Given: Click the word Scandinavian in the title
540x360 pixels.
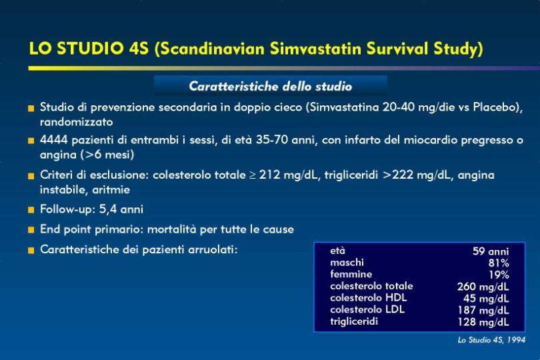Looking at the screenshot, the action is tap(213, 48).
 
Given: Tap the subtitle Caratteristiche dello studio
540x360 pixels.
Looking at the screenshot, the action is tap(271, 86).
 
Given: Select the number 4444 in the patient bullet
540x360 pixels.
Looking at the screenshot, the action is tap(54, 140).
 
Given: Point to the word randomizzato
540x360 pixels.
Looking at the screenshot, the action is tap(77, 122).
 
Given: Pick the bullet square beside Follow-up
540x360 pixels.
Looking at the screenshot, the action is tap(31, 210).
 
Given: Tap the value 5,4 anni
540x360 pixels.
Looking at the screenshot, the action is tap(121, 209).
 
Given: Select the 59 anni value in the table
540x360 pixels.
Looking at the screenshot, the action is tap(491, 251).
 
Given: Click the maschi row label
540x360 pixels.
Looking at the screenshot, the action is tap(347, 263).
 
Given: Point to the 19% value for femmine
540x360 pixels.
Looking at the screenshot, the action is tap(499, 275).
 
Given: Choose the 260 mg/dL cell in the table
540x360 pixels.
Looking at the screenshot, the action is tap(483, 287).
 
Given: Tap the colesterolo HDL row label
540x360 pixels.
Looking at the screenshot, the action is tap(368, 297).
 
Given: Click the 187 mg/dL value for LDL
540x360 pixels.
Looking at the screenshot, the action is tap(483, 310).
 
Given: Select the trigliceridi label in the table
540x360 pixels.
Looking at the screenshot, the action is tap(354, 321).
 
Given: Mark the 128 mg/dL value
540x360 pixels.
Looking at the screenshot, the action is tap(483, 322).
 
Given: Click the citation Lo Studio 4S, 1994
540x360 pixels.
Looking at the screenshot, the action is tap(491, 340).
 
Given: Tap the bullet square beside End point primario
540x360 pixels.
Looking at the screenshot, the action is tap(31, 230).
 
